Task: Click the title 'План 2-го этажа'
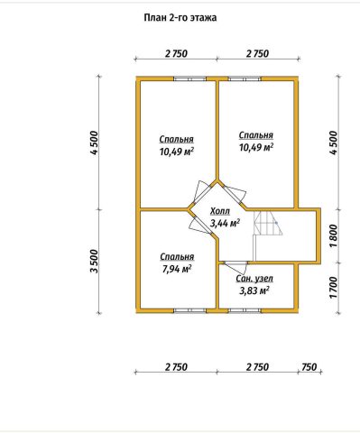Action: click(x=180, y=18)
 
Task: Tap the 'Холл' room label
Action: click(x=220, y=211)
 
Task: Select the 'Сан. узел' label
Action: click(x=254, y=279)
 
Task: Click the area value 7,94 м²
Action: click(x=177, y=269)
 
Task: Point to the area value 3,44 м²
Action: click(x=225, y=223)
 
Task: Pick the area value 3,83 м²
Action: click(x=254, y=290)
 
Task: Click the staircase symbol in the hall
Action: click(x=268, y=223)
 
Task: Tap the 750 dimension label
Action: click(x=309, y=367)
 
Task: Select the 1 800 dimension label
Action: click(x=334, y=235)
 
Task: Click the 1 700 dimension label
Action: click(x=334, y=288)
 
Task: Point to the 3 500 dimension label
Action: click(x=95, y=261)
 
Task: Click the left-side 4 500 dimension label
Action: click(x=95, y=143)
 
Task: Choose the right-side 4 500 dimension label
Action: click(x=334, y=143)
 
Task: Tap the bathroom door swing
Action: click(x=236, y=266)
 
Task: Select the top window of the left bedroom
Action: click(x=189, y=79)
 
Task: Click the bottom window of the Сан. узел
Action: click(x=245, y=310)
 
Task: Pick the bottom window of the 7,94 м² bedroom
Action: click(x=189, y=310)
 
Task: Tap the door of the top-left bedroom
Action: click(x=202, y=192)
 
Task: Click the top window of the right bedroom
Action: click(x=245, y=79)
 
